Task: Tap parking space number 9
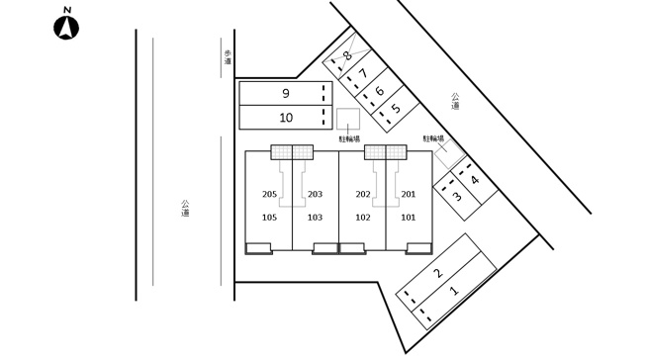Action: click(286, 93)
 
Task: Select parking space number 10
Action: click(286, 118)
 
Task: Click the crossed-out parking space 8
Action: click(347, 54)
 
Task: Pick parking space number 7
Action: click(363, 73)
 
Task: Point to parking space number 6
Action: click(379, 91)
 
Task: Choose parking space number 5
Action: click(396, 109)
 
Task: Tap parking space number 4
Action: click(475, 180)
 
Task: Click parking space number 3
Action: click(457, 196)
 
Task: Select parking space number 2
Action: click(438, 272)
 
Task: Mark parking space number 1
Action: click(454, 291)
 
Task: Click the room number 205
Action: click(269, 194)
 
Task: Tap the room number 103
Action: click(315, 218)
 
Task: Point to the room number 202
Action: click(363, 194)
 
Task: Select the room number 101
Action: click(408, 218)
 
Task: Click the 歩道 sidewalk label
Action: click(228, 57)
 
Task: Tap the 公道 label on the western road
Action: click(185, 208)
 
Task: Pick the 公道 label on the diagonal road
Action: click(455, 101)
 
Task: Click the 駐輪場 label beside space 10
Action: click(349, 139)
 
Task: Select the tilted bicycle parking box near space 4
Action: click(450, 154)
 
